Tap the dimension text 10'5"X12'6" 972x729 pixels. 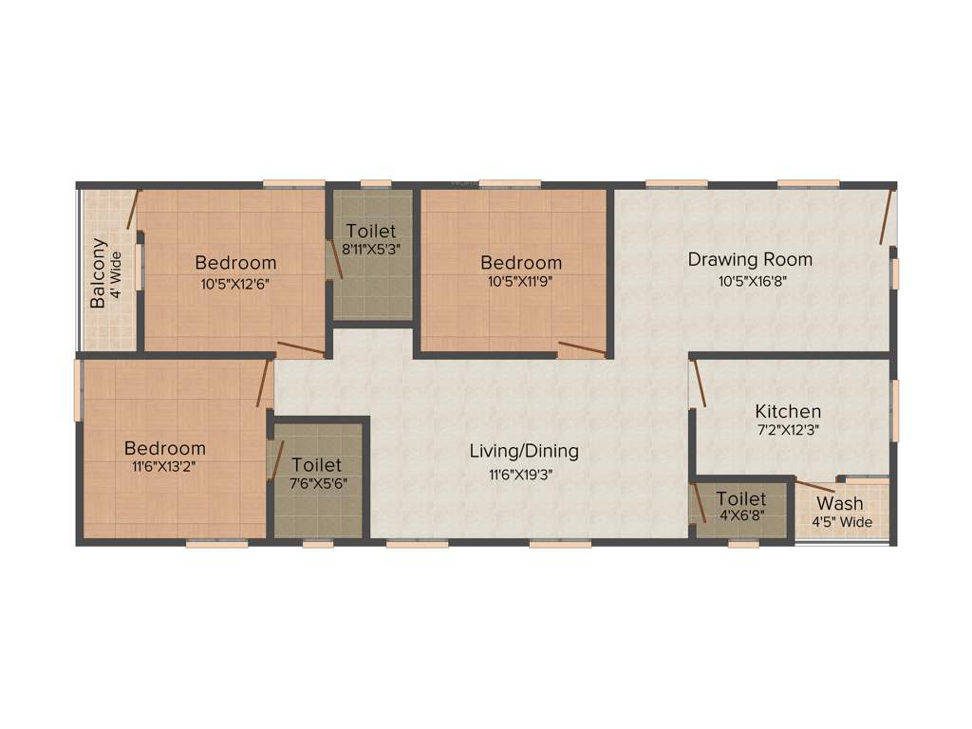click(235, 283)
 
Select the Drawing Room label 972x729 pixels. click(750, 259)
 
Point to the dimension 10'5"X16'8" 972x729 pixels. click(750, 280)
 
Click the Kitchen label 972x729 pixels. click(788, 411)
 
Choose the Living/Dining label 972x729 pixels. click(524, 452)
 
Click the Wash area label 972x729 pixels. click(840, 504)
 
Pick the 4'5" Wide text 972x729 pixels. click(841, 523)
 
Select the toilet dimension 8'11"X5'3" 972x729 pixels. click(371, 251)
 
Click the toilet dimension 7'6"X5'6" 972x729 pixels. click(317, 485)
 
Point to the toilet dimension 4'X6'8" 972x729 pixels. click(741, 517)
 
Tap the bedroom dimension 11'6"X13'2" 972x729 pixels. click(165, 467)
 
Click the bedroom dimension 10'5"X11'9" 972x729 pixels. click(520, 283)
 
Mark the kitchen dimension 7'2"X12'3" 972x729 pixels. click(788, 429)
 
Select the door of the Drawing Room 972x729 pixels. click(887, 217)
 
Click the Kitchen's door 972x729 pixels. click(699, 383)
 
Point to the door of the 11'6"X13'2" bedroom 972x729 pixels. click(264, 383)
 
